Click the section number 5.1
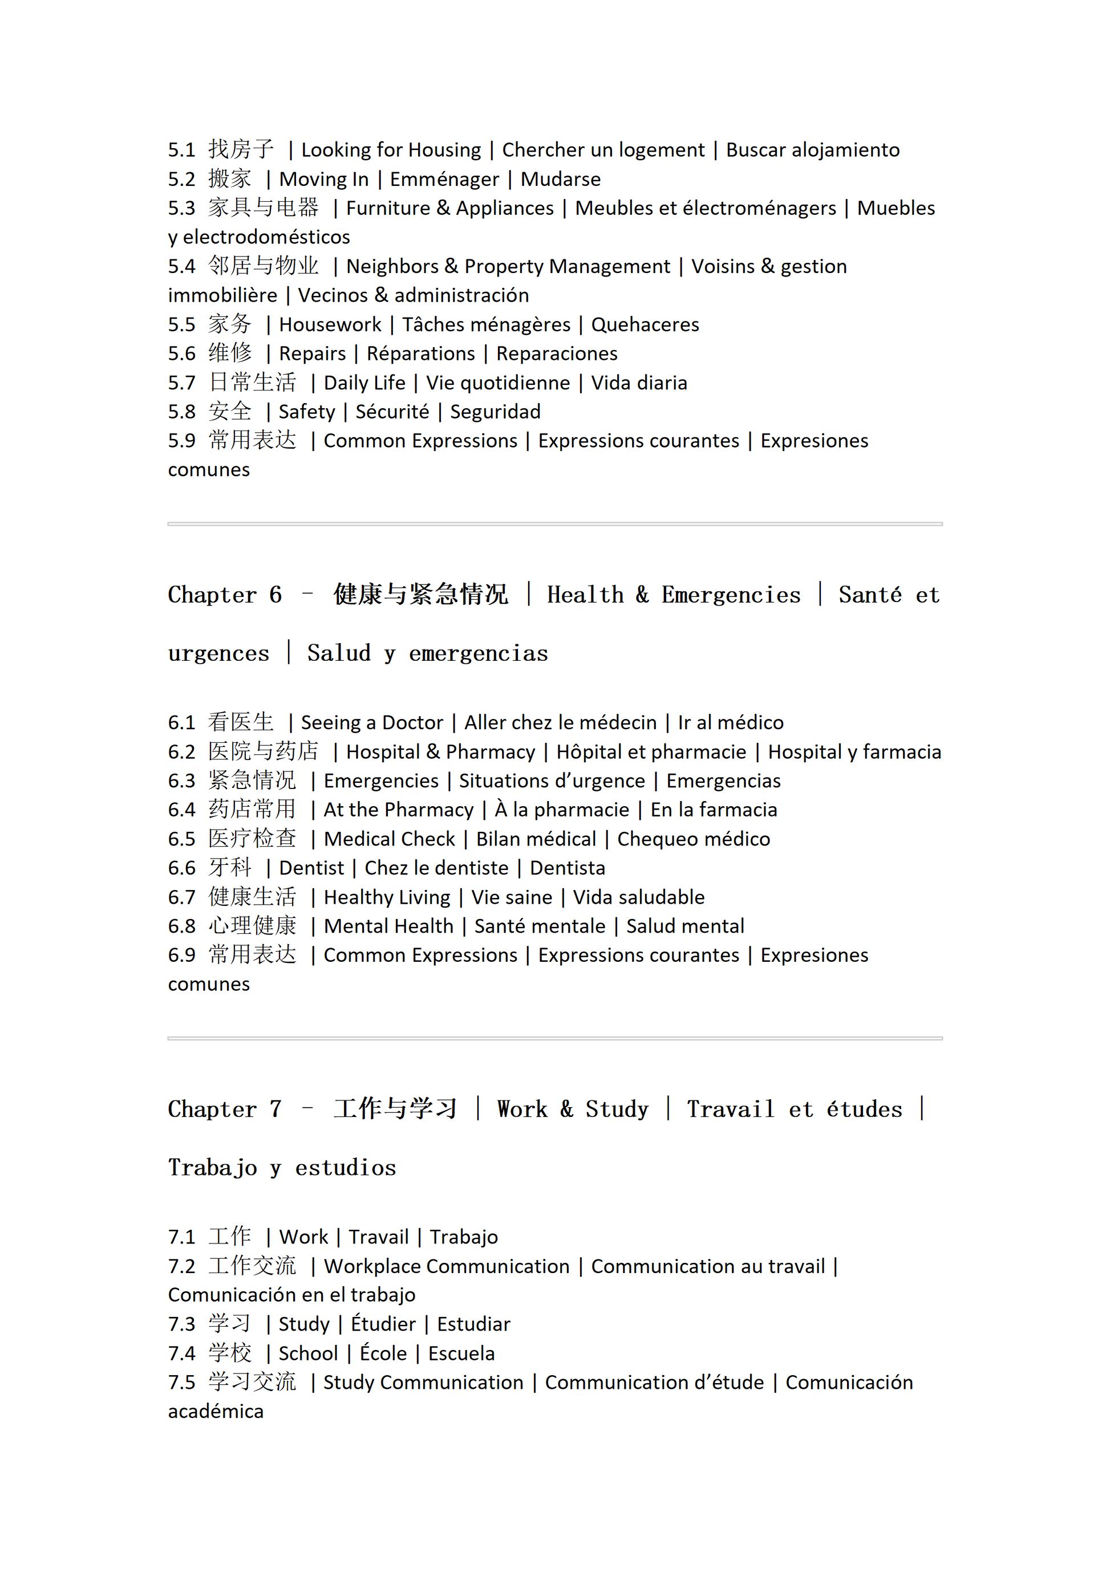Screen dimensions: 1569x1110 (181, 149)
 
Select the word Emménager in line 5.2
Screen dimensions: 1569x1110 (444, 179)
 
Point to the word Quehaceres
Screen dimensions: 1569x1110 (645, 324)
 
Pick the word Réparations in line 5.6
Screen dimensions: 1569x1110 (420, 353)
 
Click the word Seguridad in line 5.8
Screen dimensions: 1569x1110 (495, 412)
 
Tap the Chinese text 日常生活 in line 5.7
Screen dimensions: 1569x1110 (252, 382)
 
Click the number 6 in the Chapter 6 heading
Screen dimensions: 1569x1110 (275, 595)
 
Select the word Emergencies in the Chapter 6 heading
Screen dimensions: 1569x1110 (731, 595)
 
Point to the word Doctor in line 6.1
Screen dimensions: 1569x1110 (412, 722)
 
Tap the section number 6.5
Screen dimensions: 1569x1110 (181, 839)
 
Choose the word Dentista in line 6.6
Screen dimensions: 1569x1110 (568, 868)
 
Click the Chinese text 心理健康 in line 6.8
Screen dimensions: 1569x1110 (252, 926)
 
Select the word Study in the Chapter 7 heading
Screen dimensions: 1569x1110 (617, 1108)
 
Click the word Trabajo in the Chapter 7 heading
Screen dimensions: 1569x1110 (213, 1167)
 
